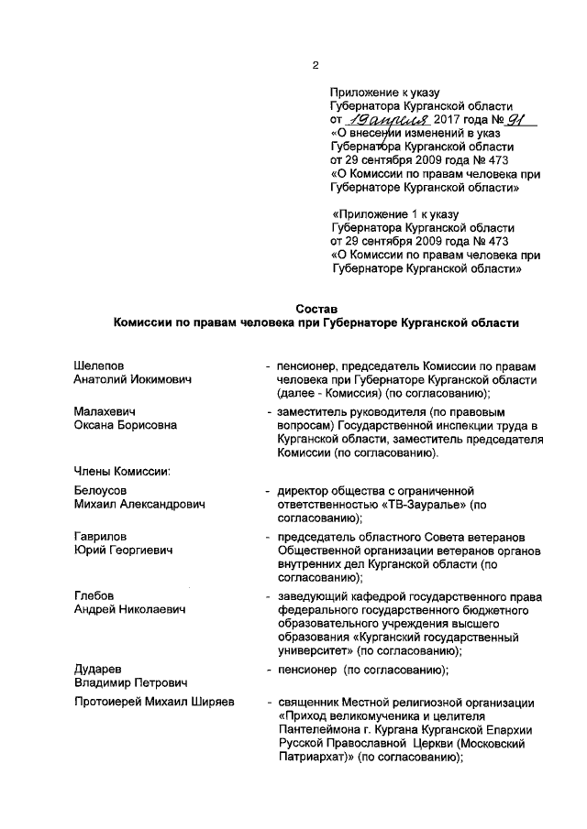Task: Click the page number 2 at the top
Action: (x=315, y=64)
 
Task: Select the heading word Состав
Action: (x=316, y=308)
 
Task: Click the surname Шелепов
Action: (x=99, y=366)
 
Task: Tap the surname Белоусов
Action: (x=103, y=491)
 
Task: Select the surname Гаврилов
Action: (x=101, y=537)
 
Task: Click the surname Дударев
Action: (x=97, y=670)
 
